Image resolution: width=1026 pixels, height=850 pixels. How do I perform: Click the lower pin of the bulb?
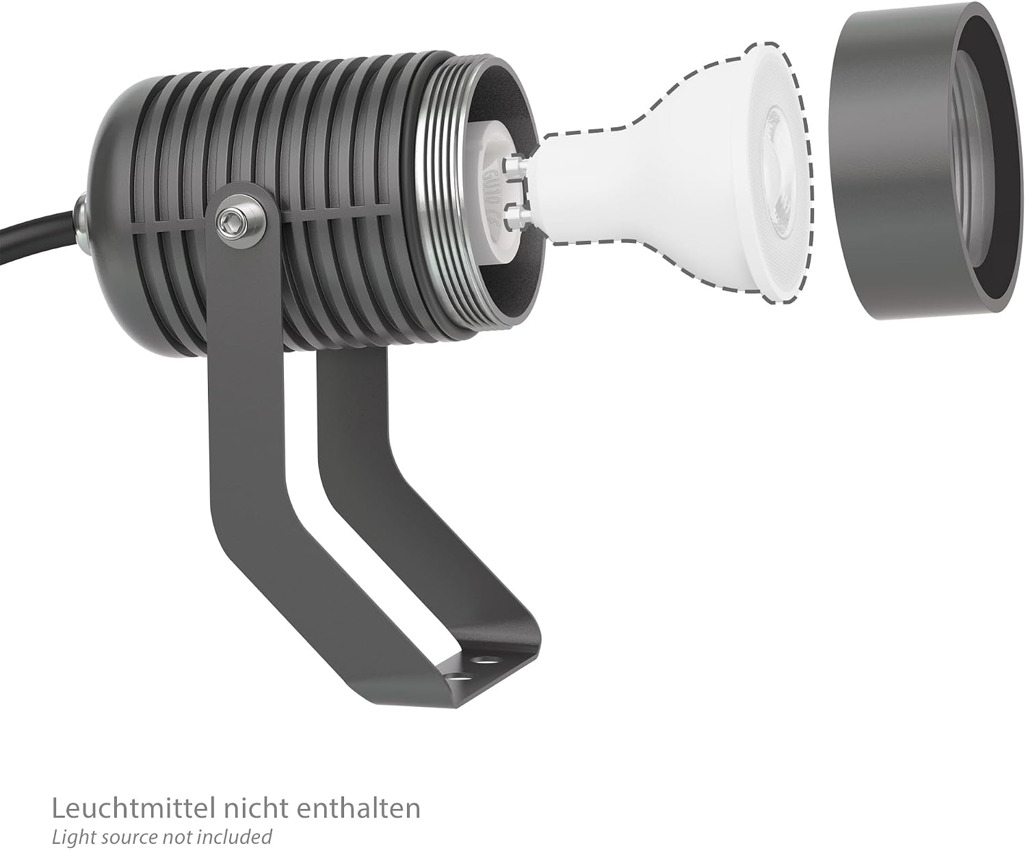click(x=518, y=217)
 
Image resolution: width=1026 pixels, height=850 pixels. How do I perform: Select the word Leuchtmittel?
click(x=133, y=809)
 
